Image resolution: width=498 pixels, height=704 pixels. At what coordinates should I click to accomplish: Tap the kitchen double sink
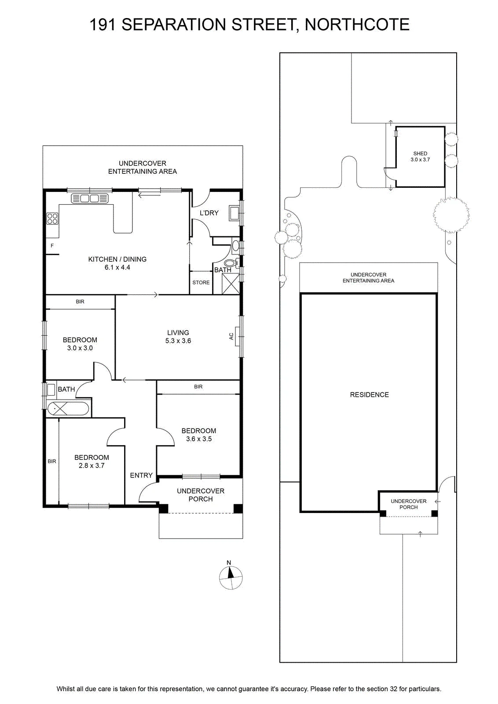(x=90, y=198)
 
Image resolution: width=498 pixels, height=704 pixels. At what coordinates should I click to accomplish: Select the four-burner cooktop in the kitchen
(x=52, y=219)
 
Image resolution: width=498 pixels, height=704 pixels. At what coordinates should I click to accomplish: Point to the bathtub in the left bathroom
(x=68, y=409)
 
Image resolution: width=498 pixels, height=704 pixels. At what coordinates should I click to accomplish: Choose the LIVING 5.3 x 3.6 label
(x=178, y=337)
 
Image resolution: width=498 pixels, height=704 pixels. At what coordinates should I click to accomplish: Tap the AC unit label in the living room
(x=231, y=336)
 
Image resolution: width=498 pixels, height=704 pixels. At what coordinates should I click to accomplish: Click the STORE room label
(x=201, y=282)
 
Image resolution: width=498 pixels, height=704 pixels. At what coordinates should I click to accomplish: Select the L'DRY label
(x=209, y=213)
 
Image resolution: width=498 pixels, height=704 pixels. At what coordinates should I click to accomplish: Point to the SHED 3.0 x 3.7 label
(x=420, y=157)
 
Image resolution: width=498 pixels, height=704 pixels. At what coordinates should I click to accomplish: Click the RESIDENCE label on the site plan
(x=369, y=395)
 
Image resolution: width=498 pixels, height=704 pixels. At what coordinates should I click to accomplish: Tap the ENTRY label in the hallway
(x=141, y=476)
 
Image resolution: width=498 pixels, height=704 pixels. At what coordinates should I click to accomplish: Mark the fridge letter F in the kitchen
(x=52, y=246)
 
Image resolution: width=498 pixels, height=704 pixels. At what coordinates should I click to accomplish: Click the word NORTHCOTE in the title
(x=357, y=25)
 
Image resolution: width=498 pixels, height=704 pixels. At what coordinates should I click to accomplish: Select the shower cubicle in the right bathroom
(x=231, y=284)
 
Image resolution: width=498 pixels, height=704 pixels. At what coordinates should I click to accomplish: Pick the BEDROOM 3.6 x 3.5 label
(x=199, y=435)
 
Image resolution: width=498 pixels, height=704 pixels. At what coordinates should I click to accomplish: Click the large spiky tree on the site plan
(x=451, y=215)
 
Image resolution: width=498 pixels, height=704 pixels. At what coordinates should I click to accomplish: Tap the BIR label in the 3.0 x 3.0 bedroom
(x=80, y=301)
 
